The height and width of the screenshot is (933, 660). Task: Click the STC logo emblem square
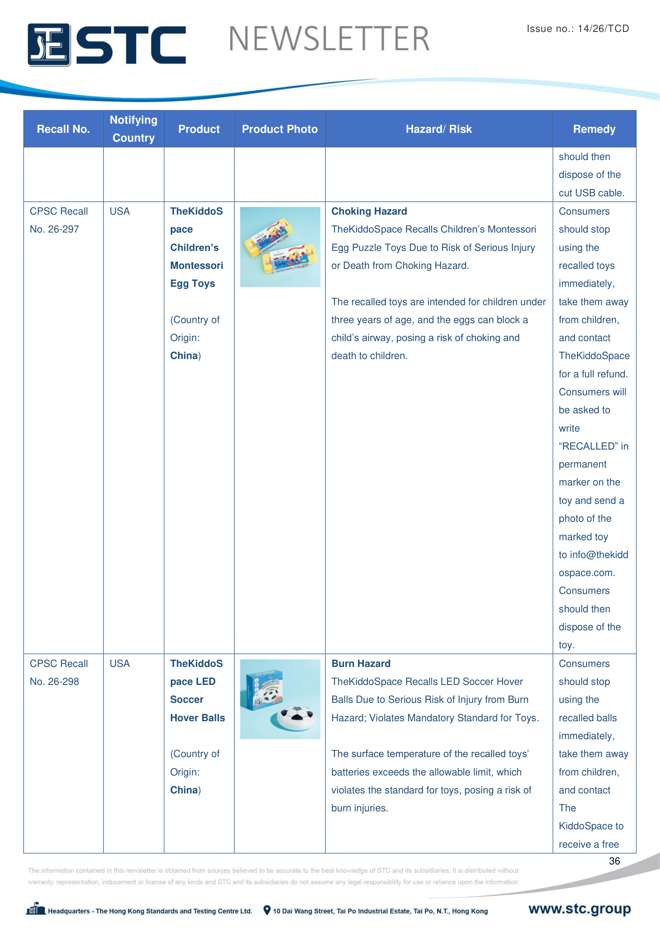49,45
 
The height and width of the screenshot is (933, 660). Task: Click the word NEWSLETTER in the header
329,39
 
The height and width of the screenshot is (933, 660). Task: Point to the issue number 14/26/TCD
603,28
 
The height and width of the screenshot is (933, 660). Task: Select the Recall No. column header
63,129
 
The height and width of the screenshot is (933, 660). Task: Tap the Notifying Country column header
134,129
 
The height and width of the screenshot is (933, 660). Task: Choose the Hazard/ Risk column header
439,129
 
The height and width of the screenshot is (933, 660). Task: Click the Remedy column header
594,129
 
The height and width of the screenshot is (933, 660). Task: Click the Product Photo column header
280,129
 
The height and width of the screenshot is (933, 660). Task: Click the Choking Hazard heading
369,211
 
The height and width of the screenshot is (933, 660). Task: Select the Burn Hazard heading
361,664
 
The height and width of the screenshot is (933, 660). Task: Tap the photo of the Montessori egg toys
280,247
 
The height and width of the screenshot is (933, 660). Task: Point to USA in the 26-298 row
119,664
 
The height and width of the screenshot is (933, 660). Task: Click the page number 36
614,861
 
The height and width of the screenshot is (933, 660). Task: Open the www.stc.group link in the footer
579,909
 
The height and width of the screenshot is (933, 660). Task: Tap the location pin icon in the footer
267,910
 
